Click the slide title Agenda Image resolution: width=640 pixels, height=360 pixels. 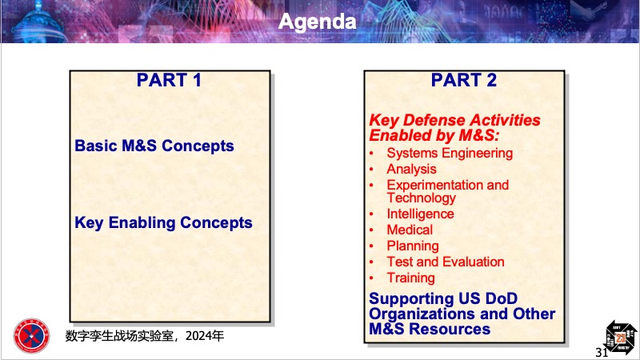(x=317, y=22)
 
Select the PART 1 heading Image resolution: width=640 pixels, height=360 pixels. (x=169, y=80)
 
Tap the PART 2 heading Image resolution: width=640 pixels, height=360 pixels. (x=464, y=80)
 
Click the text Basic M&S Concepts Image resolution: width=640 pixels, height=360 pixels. (x=154, y=146)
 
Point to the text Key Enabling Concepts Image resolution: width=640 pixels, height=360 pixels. (x=163, y=223)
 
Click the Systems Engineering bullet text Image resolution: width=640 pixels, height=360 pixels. (x=450, y=154)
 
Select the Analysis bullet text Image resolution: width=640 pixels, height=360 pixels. (x=411, y=169)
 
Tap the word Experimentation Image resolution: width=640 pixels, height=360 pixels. (x=435, y=185)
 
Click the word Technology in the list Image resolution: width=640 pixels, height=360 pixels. (x=422, y=198)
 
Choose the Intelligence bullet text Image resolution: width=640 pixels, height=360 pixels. (x=421, y=214)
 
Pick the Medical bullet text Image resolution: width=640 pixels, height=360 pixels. (x=410, y=230)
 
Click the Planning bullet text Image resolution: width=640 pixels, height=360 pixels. (x=413, y=246)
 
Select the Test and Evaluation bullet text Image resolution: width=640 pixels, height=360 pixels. (x=446, y=262)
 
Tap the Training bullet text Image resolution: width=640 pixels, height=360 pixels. (x=410, y=278)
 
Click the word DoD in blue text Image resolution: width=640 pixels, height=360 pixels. (x=502, y=298)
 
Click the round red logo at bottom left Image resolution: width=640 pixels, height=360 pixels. (x=31, y=336)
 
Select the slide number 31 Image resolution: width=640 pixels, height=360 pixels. (x=602, y=352)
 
